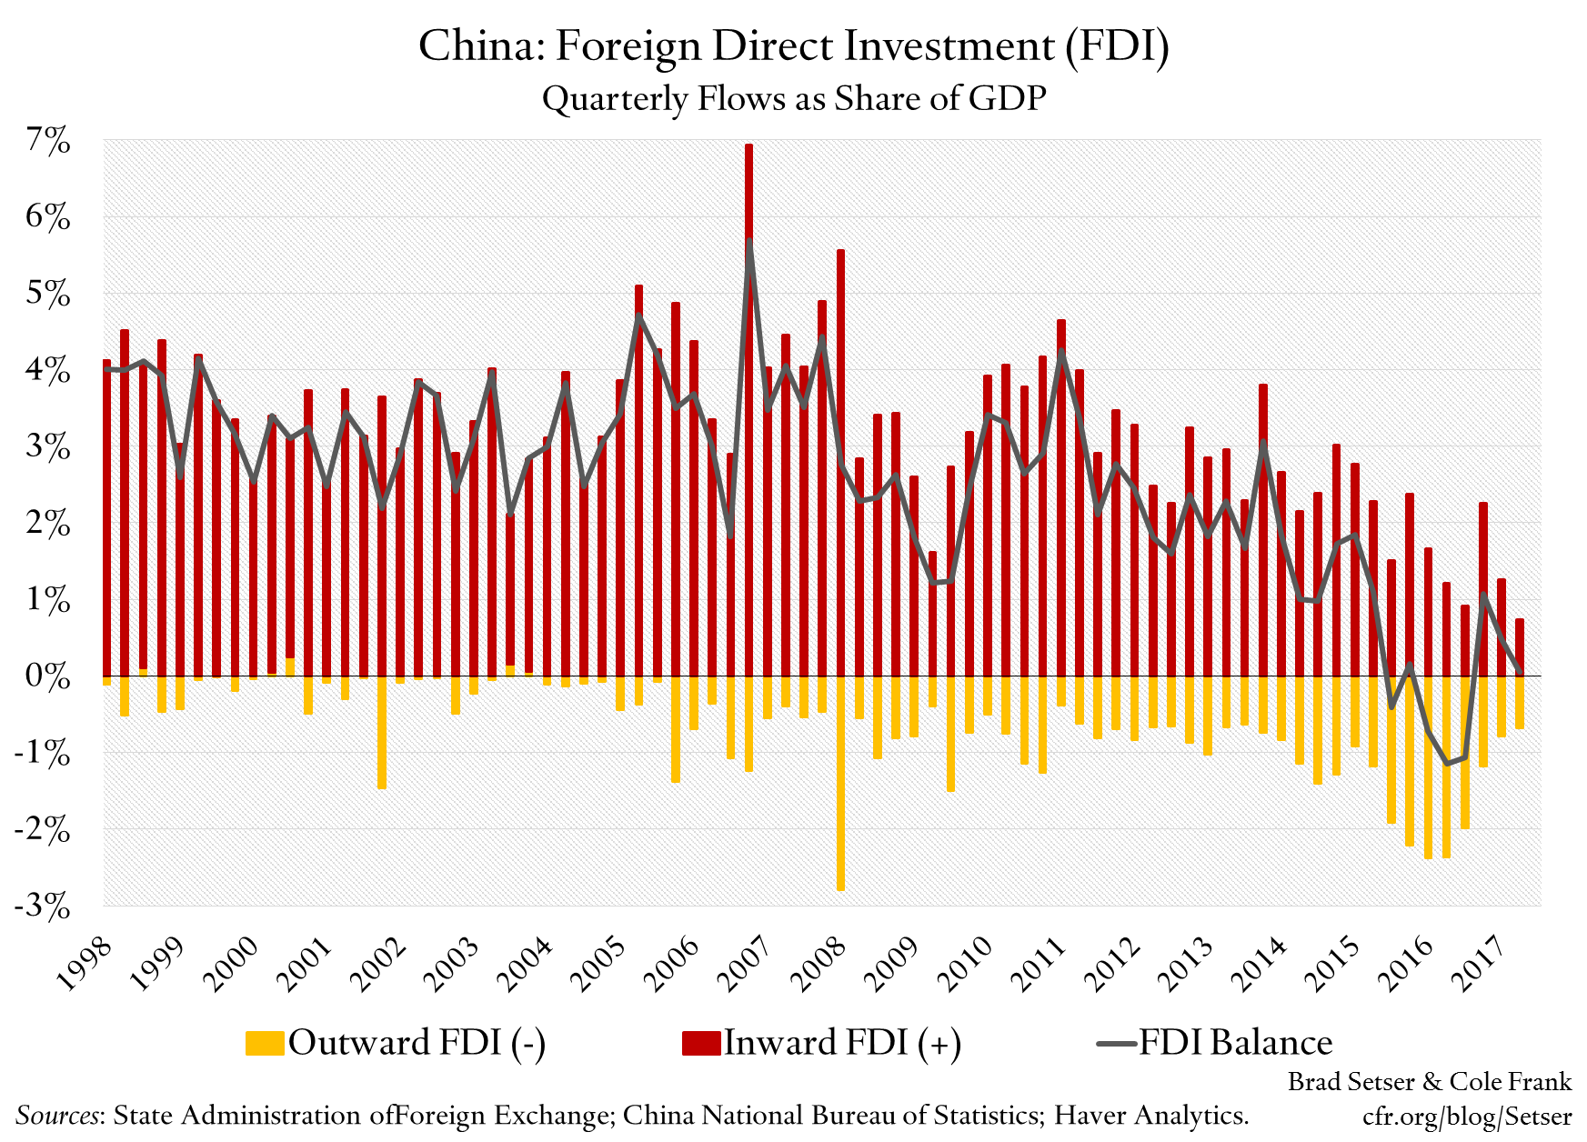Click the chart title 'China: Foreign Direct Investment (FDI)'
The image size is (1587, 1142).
[x=793, y=45]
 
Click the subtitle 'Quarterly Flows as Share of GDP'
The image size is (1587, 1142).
[x=793, y=98]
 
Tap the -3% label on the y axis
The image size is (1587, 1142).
[x=42, y=907]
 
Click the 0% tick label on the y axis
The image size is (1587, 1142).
[x=47, y=676]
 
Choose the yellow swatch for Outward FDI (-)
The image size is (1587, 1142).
[x=265, y=1043]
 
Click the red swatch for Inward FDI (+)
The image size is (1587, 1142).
[x=701, y=1043]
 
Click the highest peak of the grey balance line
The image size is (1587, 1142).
[x=749, y=241]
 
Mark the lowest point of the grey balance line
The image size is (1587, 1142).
[x=1447, y=763]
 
